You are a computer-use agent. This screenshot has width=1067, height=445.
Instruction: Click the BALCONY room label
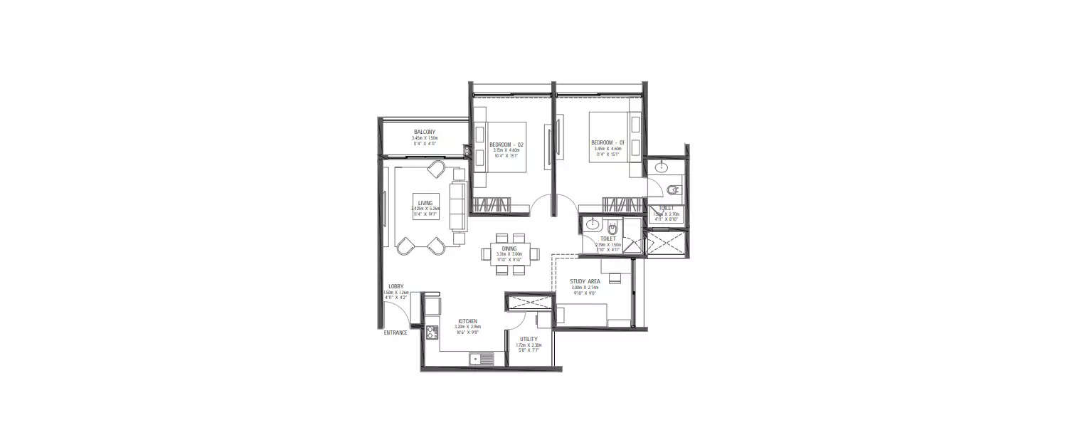425,132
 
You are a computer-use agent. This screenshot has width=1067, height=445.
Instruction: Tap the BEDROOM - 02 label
506,145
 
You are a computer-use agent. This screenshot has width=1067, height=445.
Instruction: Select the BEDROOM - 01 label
607,143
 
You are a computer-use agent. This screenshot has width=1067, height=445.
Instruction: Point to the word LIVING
425,203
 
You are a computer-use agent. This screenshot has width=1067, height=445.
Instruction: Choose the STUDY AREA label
585,281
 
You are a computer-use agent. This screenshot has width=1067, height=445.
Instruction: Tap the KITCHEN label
467,321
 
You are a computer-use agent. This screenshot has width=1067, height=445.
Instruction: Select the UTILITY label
529,339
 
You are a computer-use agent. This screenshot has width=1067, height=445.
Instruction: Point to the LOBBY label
396,286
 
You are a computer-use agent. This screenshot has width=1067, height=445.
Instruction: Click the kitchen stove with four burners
431,332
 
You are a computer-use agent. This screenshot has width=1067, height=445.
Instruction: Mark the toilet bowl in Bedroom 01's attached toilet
674,189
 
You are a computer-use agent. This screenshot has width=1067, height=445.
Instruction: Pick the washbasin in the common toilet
592,226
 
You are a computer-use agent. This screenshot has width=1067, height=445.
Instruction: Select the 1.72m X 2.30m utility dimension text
529,345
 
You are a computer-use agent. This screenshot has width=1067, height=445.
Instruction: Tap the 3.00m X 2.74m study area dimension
585,288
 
